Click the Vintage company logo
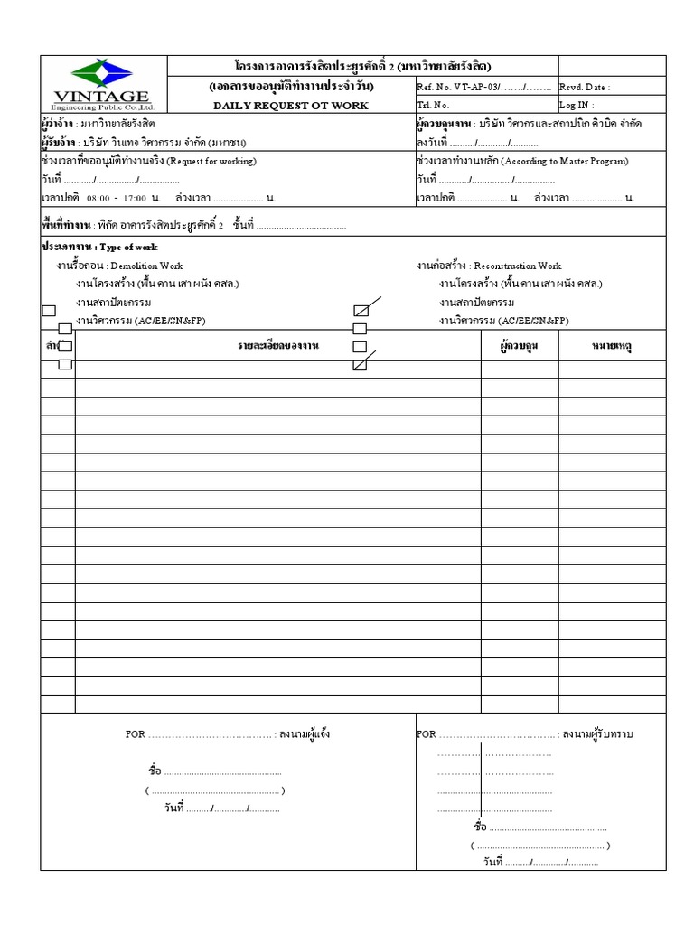[103, 85]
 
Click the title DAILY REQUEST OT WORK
[290, 106]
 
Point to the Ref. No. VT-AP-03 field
[483, 88]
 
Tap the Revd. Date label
[585, 88]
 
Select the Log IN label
[577, 106]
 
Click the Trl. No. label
[433, 106]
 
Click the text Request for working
[211, 161]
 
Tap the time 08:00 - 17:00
[117, 197]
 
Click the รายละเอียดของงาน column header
[278, 346]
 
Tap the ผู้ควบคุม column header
[519, 346]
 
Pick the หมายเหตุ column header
[612, 346]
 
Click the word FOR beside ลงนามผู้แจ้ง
[135, 734]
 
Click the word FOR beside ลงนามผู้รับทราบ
[426, 734]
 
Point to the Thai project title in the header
[362, 66]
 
